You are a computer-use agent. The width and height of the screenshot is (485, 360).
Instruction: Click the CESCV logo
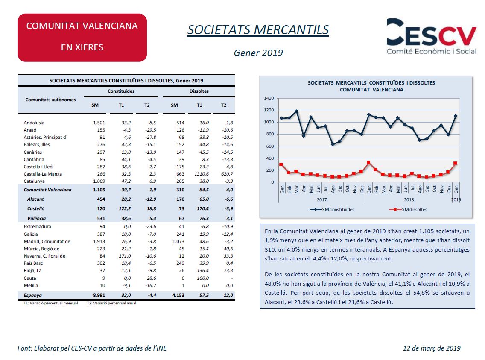click(x=432, y=36)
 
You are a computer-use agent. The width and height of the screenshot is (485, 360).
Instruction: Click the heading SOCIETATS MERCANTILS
click(x=258, y=30)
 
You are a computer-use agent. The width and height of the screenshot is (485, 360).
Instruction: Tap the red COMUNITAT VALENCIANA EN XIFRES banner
click(x=82, y=38)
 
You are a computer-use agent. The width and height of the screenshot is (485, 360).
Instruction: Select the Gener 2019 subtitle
click(x=258, y=53)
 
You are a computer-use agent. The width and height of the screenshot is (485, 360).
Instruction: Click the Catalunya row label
click(x=34, y=181)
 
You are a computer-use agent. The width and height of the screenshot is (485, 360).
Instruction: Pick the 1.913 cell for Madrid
click(x=99, y=241)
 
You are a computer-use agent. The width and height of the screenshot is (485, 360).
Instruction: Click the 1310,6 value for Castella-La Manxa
click(x=202, y=174)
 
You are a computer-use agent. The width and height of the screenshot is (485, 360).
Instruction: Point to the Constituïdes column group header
click(x=121, y=91)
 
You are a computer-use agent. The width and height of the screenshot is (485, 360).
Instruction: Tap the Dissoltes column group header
click(x=199, y=91)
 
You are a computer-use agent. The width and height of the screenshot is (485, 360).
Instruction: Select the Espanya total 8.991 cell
click(x=99, y=295)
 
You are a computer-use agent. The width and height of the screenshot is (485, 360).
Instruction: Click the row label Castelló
click(x=36, y=208)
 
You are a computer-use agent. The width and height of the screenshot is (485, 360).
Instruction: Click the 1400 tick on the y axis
click(x=269, y=98)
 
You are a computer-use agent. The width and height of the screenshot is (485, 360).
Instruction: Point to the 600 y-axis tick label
click(x=270, y=146)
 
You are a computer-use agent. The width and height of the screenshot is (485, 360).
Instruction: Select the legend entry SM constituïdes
click(x=332, y=209)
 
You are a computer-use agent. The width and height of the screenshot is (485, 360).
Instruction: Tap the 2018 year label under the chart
click(x=409, y=199)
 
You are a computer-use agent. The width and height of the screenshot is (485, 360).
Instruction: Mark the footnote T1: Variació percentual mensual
click(x=51, y=303)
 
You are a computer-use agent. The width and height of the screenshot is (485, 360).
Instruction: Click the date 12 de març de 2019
click(x=432, y=348)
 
